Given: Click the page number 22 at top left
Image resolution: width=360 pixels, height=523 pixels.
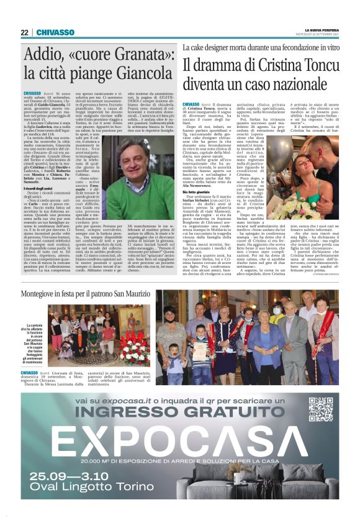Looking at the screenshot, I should point(25,32).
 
